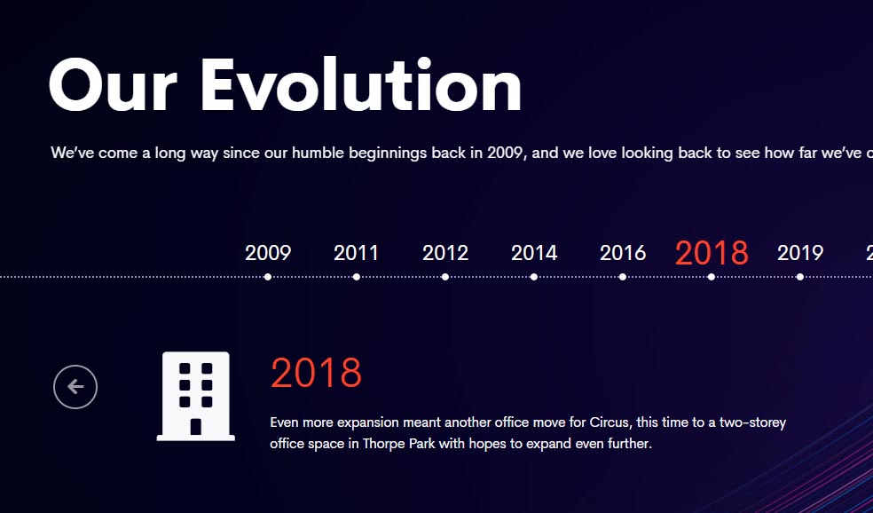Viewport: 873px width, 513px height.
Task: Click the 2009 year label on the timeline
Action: click(268, 253)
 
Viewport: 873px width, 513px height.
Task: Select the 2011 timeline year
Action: click(357, 253)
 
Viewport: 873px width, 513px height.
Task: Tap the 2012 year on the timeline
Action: click(445, 253)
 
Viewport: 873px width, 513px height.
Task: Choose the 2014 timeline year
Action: click(534, 253)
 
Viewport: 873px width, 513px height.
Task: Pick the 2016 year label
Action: click(623, 253)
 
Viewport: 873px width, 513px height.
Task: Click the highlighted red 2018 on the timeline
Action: click(712, 253)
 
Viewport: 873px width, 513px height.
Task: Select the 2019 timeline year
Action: click(800, 253)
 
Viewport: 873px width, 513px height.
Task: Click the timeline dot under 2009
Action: click(268, 277)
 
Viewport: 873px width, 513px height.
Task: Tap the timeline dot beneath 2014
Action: click(534, 277)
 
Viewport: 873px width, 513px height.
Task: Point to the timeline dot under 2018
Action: click(712, 277)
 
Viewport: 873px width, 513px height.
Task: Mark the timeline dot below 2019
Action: click(800, 277)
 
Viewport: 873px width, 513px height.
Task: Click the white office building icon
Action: click(195, 396)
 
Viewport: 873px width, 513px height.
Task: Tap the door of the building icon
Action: click(195, 427)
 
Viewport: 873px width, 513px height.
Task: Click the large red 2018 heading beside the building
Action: click(316, 373)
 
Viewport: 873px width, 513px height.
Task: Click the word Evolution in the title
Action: click(361, 85)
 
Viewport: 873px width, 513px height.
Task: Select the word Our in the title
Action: click(113, 85)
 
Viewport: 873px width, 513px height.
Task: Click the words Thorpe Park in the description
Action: click(399, 444)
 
